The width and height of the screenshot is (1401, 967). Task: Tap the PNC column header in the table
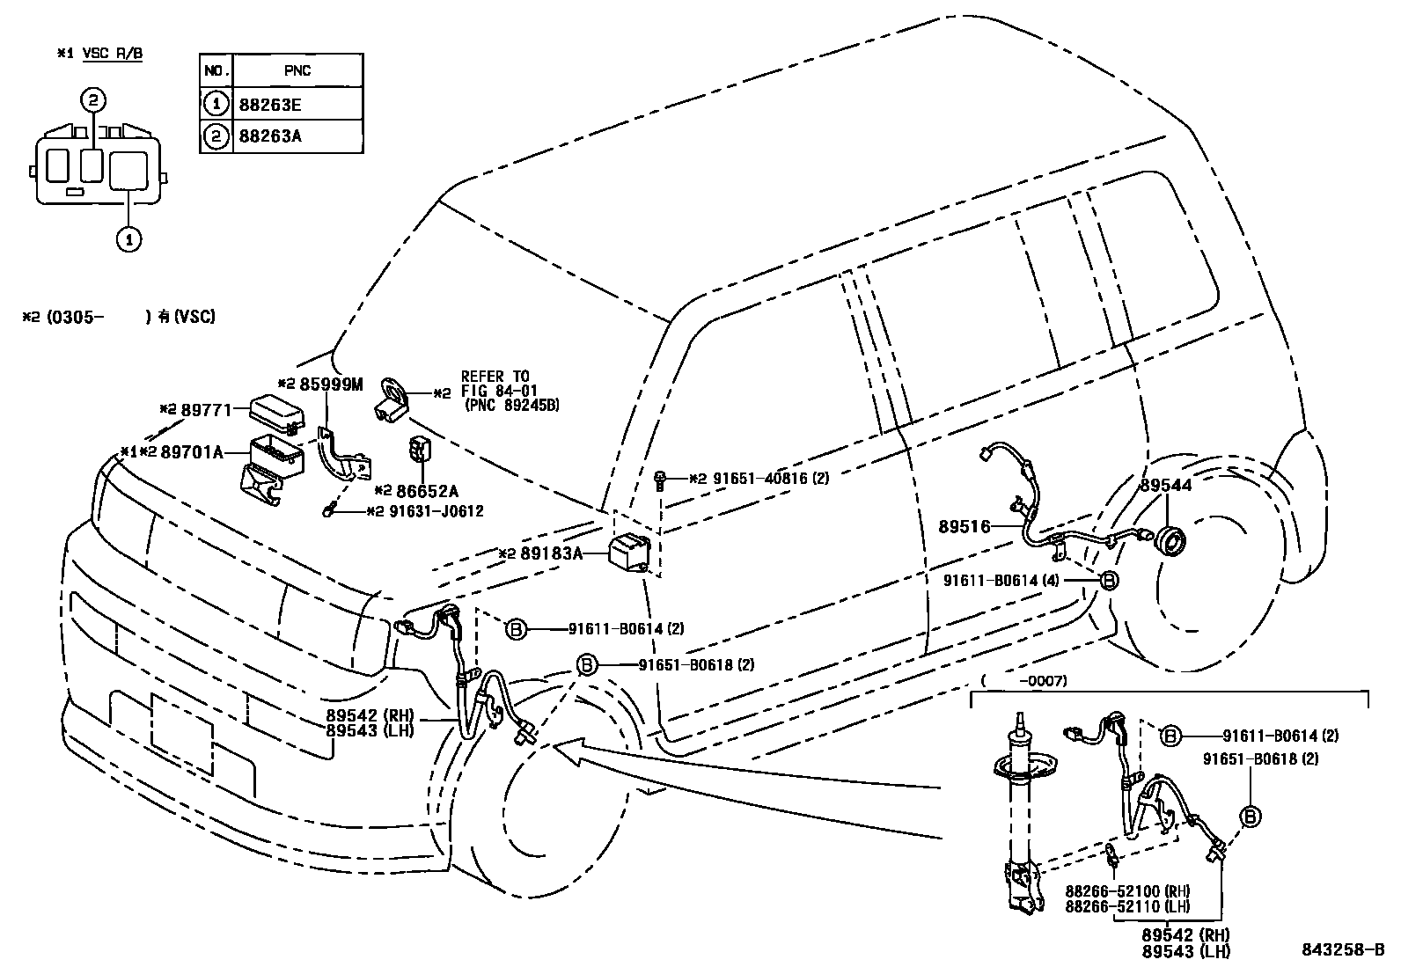(297, 70)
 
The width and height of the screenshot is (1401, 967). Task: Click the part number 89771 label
(206, 409)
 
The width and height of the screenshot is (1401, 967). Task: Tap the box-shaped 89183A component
(630, 553)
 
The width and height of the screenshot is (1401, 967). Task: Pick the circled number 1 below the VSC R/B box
(128, 238)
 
